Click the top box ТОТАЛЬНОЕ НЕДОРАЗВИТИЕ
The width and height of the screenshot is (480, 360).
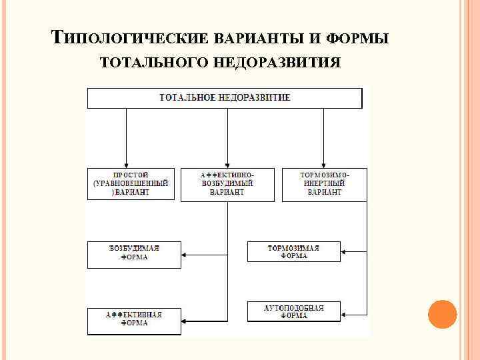pos(225,98)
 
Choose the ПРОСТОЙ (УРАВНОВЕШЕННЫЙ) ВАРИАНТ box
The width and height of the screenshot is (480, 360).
pos(131,184)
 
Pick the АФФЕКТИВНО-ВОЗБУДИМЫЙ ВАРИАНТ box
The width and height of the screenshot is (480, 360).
pos(227,184)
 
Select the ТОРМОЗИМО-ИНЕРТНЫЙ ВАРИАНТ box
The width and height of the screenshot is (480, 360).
pos(324,184)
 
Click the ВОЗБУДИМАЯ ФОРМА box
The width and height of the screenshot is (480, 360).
pos(134,254)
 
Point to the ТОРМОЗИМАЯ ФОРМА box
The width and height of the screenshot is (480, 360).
pos(293,252)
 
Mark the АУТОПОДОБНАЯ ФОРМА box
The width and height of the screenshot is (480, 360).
pos(293,311)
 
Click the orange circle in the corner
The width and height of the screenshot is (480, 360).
pos(441,313)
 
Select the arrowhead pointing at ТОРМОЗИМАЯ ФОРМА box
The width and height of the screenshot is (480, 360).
pos(345,252)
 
